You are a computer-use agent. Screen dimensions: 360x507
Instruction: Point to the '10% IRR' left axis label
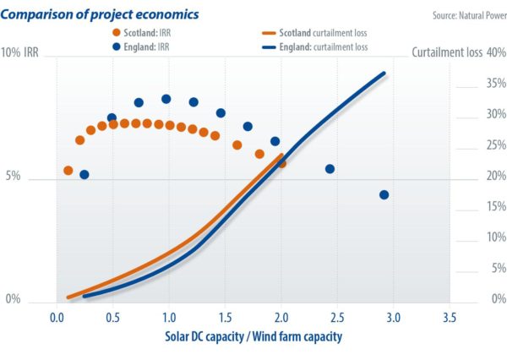point(26,52)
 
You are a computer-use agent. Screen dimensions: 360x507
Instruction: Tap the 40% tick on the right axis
point(496,52)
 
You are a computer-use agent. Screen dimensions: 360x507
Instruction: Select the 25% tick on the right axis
point(496,145)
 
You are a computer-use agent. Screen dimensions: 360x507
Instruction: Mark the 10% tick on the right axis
point(496,237)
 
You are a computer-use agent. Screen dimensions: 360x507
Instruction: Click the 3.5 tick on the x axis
point(450,317)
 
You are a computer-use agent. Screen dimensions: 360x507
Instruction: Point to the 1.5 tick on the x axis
point(225,317)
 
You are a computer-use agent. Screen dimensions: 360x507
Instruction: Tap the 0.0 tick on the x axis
point(57,317)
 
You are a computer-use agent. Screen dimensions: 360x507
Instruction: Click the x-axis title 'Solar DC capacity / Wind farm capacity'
point(253,336)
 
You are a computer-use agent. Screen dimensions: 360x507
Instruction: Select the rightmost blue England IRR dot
point(384,194)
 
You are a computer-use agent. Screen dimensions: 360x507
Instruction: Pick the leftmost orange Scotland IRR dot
point(68,171)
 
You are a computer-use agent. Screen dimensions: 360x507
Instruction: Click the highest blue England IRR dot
point(166,99)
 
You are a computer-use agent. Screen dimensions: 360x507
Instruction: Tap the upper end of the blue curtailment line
point(384,74)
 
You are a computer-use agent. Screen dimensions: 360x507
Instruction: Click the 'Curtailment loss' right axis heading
point(447,52)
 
